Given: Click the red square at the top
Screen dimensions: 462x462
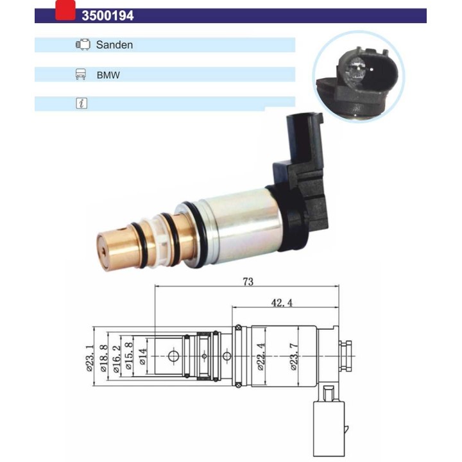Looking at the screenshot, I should [x=65, y=10].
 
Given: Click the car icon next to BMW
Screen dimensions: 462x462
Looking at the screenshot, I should [x=81, y=74].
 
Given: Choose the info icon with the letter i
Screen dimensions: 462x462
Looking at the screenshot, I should [x=81, y=103].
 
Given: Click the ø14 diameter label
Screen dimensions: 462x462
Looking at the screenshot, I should [x=142, y=355].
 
